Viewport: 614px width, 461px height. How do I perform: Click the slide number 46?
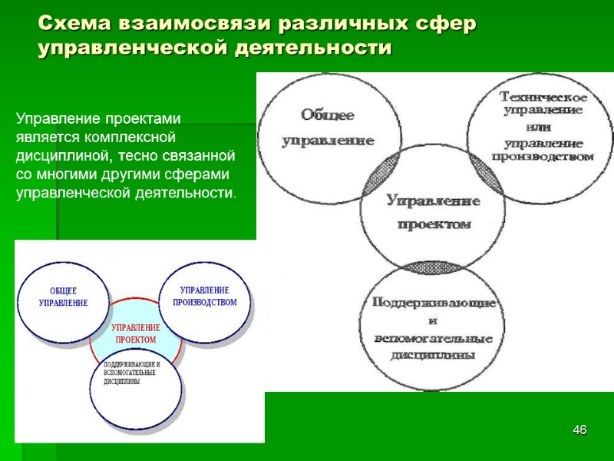[x=580, y=429]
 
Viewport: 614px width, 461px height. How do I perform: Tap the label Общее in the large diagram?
[x=327, y=115]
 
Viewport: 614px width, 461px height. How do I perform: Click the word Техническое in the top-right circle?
[x=543, y=98]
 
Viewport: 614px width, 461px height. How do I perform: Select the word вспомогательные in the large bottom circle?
[x=434, y=338]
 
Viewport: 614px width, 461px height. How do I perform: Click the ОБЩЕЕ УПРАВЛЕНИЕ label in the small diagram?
[x=63, y=297]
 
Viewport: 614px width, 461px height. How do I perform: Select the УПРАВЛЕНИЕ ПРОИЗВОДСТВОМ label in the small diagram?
[x=204, y=296]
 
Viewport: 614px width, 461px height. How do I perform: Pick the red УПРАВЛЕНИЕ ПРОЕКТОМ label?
[x=135, y=333]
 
